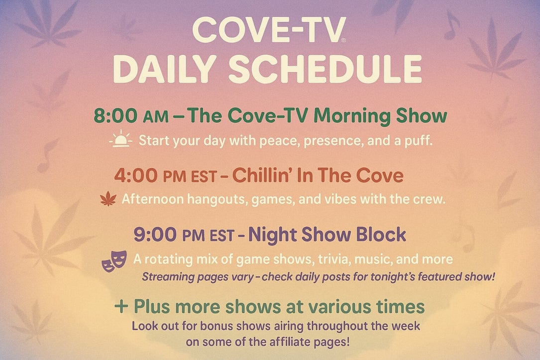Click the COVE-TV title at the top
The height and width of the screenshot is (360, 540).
[x=269, y=30]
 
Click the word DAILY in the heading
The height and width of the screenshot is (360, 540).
[x=165, y=68]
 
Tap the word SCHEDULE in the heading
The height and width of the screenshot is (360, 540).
[x=325, y=68]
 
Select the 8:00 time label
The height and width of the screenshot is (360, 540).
[x=115, y=116]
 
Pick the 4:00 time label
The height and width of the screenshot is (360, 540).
[x=136, y=176]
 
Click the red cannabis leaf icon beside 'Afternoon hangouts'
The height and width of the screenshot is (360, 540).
[x=108, y=199]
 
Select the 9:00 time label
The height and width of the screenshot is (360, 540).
[x=155, y=235]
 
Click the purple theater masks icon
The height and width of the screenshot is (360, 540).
[x=114, y=261]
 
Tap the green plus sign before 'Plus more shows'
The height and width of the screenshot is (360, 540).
[x=121, y=306]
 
